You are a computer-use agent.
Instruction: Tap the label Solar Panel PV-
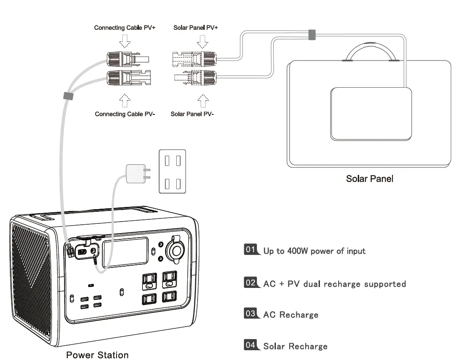point(192,114)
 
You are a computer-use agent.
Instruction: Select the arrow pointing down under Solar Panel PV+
point(203,40)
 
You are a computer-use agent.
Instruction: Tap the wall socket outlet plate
point(173,171)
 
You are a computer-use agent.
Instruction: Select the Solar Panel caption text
point(369,179)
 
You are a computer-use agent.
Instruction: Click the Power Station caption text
point(97,355)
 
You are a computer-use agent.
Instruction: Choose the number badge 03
point(251,314)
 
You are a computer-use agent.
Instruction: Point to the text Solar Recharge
point(295,346)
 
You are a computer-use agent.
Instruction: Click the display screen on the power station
point(125,252)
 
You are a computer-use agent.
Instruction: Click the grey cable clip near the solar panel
point(312,34)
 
